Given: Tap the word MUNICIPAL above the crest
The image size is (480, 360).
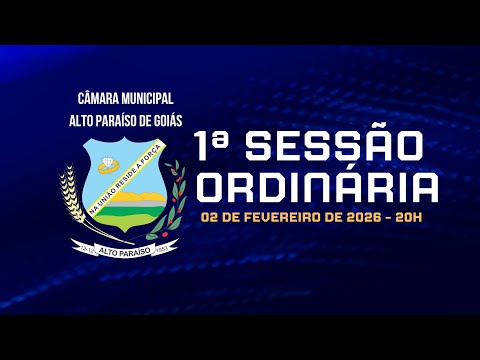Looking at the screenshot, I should [147, 98].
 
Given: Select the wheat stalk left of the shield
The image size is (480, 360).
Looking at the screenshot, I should [71, 200].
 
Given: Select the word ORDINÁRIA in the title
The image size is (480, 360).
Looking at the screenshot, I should [318, 187].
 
